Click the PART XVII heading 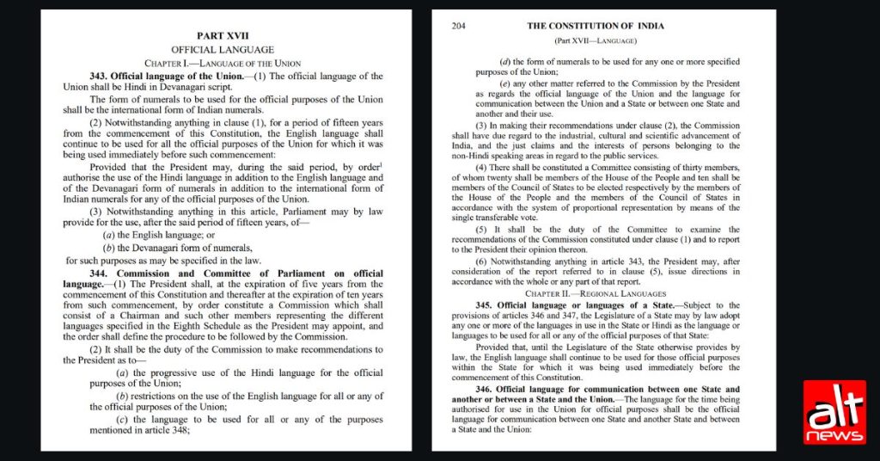coord(223,36)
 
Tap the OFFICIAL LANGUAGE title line coord(223,50)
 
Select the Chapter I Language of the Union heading coord(223,64)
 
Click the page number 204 coord(458,26)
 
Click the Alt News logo coord(834,413)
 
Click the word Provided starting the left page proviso coord(110,163)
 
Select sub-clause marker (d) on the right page coord(505,62)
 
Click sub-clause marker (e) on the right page coord(505,83)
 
